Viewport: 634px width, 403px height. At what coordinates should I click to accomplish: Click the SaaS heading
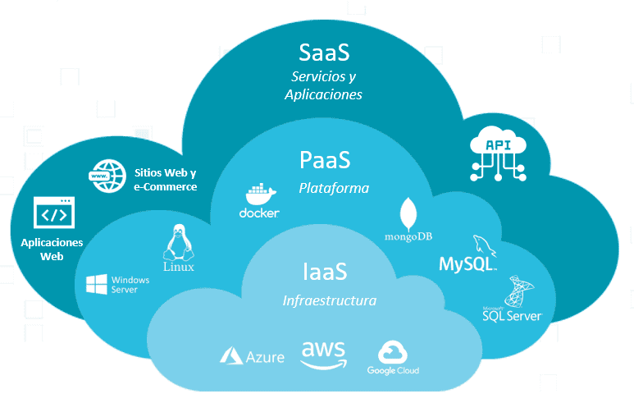pyautogui.click(x=324, y=53)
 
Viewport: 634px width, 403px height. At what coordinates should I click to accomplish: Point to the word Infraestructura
pyautogui.click(x=329, y=300)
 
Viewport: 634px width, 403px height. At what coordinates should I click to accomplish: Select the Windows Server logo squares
pyautogui.click(x=97, y=285)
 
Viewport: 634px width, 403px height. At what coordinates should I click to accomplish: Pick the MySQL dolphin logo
pyautogui.click(x=484, y=245)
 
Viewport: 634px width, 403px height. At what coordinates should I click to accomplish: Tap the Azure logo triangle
pyautogui.click(x=230, y=356)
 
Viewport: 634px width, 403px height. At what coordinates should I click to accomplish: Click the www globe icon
pyautogui.click(x=104, y=176)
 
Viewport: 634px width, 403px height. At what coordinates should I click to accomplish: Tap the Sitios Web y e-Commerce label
pyautogui.click(x=165, y=180)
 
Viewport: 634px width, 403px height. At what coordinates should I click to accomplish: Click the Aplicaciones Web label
pyautogui.click(x=52, y=250)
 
